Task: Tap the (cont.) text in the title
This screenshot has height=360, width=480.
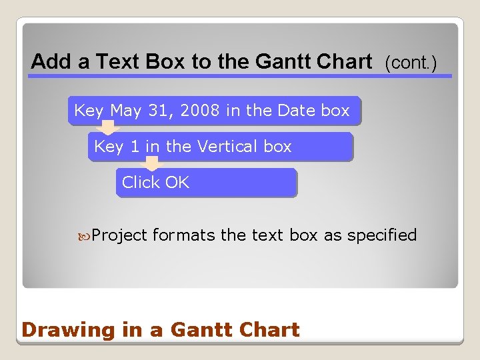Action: coord(410,63)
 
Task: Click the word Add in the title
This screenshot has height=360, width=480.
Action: coord(52,62)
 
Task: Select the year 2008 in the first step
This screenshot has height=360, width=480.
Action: coord(199,111)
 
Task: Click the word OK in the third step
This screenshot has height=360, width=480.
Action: coord(177,183)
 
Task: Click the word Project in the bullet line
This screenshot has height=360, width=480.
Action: coord(119,235)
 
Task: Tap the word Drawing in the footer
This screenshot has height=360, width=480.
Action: coord(59,330)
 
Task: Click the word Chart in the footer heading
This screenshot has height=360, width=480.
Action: coord(271,329)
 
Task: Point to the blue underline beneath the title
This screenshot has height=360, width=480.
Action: coord(239,76)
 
